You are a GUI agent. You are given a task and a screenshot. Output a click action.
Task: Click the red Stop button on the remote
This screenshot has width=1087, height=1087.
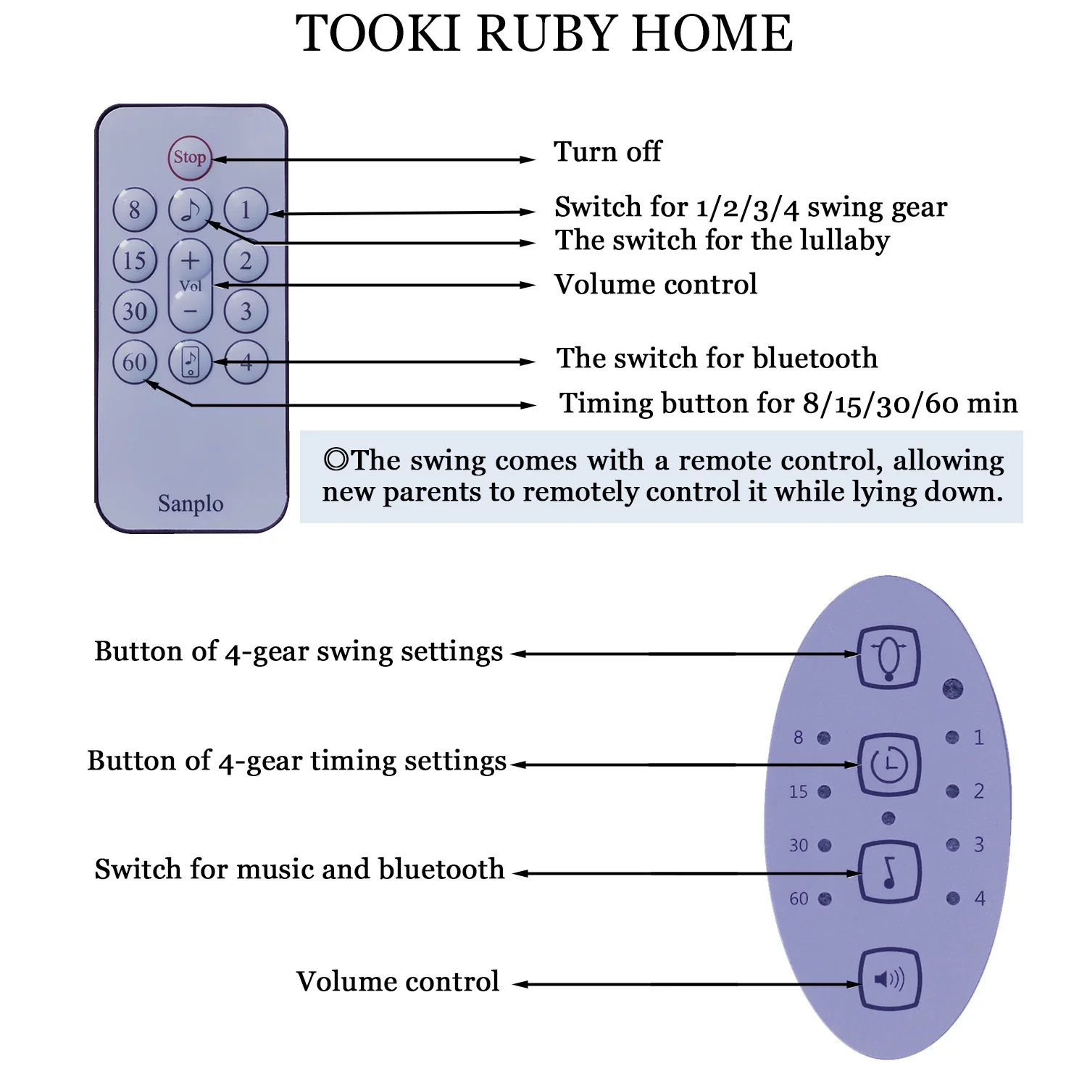pyautogui.click(x=190, y=157)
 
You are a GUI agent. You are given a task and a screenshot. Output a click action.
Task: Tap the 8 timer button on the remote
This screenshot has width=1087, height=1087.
pyautogui.click(x=135, y=210)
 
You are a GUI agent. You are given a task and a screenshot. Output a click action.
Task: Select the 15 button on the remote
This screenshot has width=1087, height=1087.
pyautogui.click(x=135, y=261)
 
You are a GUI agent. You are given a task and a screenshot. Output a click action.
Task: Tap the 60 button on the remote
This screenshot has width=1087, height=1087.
pyautogui.click(x=135, y=362)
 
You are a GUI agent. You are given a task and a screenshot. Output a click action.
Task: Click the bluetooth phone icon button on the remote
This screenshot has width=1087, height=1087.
pyautogui.click(x=190, y=362)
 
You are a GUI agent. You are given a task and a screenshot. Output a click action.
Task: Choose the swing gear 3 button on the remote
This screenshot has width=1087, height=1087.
pyautogui.click(x=246, y=312)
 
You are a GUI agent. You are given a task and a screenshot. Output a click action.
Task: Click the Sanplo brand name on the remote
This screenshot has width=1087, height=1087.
pyautogui.click(x=191, y=503)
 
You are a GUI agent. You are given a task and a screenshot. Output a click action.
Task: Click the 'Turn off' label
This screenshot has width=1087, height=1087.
pyautogui.click(x=607, y=152)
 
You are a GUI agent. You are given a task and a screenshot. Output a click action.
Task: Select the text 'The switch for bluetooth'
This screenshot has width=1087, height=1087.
pyautogui.click(x=717, y=358)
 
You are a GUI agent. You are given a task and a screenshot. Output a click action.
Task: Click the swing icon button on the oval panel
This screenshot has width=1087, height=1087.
pyautogui.click(x=888, y=657)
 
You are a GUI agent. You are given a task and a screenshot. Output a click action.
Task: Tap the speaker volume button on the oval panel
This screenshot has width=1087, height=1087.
pyautogui.click(x=889, y=980)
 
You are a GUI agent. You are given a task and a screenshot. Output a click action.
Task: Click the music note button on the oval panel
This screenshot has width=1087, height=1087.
pyautogui.click(x=889, y=872)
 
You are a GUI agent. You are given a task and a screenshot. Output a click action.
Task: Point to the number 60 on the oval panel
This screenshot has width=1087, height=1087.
pyautogui.click(x=799, y=899)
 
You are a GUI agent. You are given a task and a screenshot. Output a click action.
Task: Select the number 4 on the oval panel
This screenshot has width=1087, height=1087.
pyautogui.click(x=980, y=899)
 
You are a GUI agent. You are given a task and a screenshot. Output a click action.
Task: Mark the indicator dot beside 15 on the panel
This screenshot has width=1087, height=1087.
pyautogui.click(x=824, y=792)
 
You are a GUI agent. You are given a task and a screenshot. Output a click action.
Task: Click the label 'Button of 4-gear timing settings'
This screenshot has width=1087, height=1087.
pyautogui.click(x=297, y=762)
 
